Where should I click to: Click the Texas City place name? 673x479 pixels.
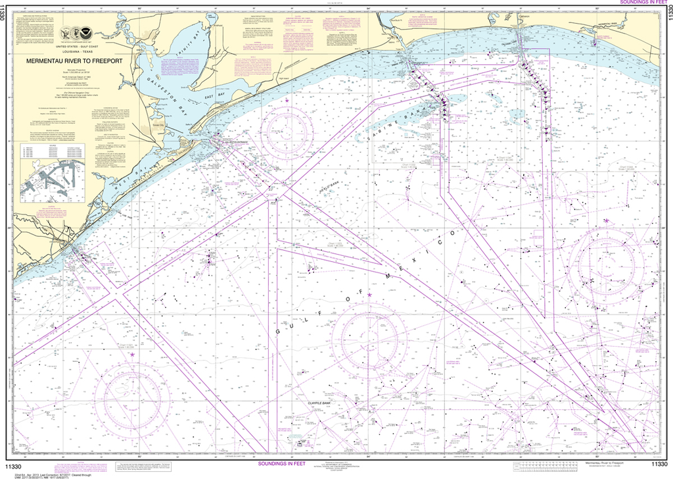point(158,123)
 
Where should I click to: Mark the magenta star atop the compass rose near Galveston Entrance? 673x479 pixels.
point(287,99)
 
